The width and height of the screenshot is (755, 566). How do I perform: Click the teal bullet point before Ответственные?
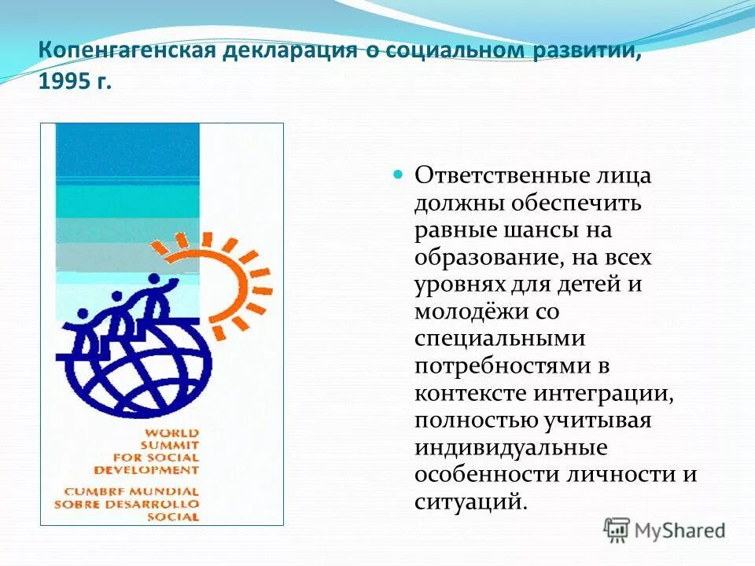pos(398,173)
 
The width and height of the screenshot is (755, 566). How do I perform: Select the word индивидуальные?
pos(510,447)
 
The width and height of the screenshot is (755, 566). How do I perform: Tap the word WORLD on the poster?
pos(171,432)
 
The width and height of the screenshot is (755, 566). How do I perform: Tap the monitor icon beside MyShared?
pos(617,531)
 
